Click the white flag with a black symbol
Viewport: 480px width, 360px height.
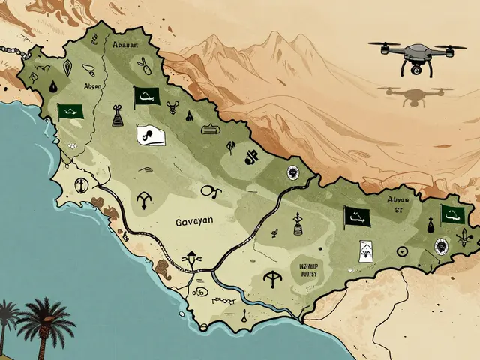(x=146, y=135)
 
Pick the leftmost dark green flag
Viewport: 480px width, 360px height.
(x=69, y=111)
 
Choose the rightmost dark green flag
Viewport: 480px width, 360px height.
(x=451, y=214)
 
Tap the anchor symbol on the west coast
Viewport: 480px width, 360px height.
(x=76, y=187)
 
